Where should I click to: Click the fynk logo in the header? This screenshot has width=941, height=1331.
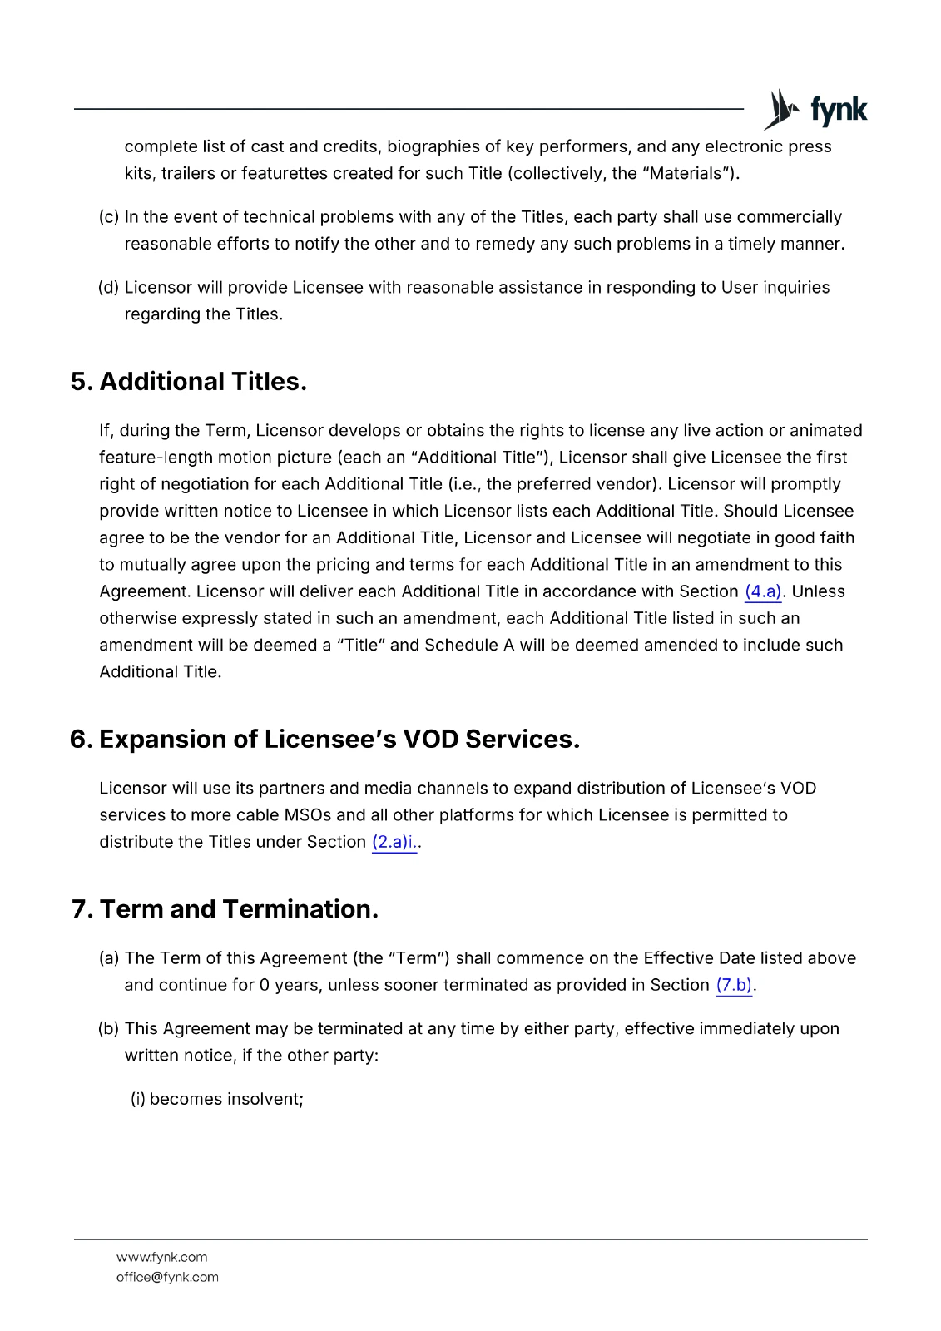(x=815, y=110)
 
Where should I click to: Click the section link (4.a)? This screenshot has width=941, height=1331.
(x=763, y=591)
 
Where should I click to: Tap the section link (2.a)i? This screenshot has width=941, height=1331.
(x=394, y=842)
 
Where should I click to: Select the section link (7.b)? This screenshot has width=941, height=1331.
(x=734, y=985)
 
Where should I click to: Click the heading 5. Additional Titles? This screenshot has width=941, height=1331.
(x=189, y=382)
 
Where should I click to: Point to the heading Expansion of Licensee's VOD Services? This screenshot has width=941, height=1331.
(x=339, y=740)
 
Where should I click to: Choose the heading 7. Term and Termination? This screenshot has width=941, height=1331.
(x=225, y=909)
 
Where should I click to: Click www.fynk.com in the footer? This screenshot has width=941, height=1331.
(x=161, y=1257)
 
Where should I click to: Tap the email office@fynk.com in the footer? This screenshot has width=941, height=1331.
(x=167, y=1277)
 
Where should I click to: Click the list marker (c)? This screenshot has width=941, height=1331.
(x=108, y=217)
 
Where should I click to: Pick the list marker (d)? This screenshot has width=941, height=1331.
(x=108, y=288)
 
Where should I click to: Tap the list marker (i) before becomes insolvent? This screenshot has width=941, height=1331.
(x=138, y=1099)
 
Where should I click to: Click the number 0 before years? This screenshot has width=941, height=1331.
(x=264, y=985)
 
